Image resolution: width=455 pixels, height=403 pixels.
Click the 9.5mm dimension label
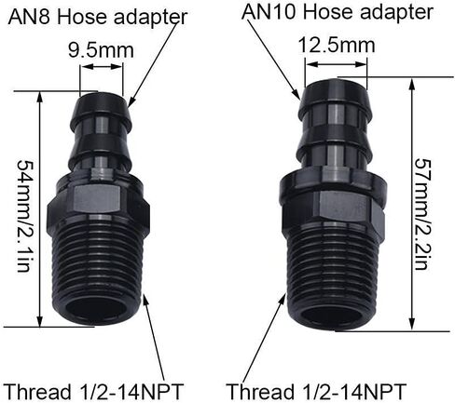[101, 50]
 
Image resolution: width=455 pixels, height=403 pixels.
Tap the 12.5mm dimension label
[337, 46]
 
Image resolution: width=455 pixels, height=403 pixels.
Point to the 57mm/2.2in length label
[423, 214]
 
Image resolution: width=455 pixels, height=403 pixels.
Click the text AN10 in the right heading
[269, 12]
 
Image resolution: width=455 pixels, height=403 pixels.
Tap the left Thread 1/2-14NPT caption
[93, 392]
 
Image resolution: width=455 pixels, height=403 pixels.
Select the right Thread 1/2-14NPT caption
[316, 391]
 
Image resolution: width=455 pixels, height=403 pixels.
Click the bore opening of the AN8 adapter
[97, 309]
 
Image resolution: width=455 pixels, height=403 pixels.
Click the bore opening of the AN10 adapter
[333, 315]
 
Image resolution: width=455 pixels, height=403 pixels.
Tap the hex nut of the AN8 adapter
[99, 202]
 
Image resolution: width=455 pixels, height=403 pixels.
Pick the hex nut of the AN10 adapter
[333, 207]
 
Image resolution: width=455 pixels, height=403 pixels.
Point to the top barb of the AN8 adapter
[101, 109]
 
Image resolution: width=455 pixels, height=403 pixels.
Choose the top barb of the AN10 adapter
[337, 98]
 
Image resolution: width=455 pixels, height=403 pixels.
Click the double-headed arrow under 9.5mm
[102, 67]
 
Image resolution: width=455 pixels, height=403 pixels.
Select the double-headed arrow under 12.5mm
[337, 64]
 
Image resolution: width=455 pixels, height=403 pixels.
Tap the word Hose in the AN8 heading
[82, 17]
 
